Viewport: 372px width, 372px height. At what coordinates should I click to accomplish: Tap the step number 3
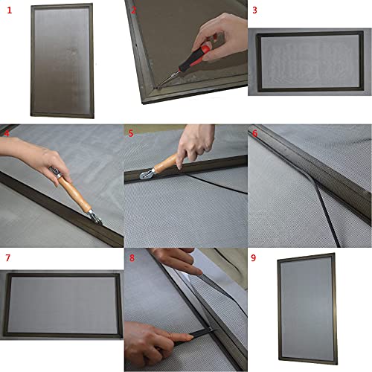[254, 10]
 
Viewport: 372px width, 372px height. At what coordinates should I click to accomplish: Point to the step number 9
[254, 259]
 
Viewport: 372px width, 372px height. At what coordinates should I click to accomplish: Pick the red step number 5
[132, 134]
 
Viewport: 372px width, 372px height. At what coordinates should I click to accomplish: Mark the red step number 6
[254, 134]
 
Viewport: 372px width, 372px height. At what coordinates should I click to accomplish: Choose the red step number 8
[132, 259]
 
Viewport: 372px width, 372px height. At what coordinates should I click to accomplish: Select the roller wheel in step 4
[94, 215]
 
